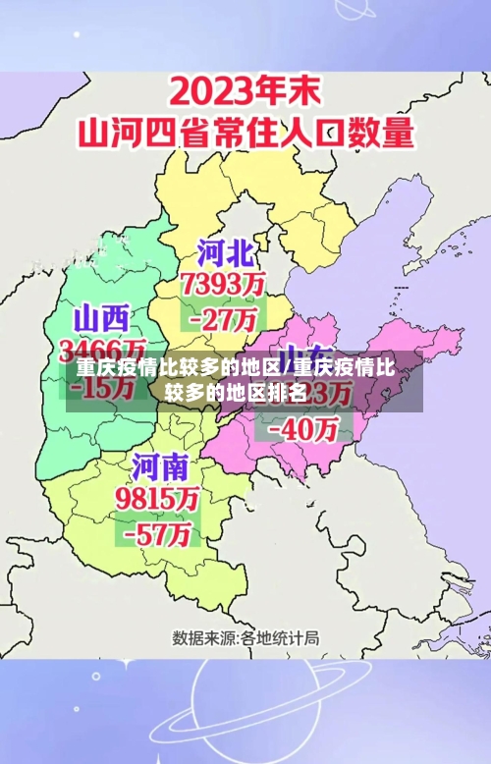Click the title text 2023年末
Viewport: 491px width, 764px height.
pos(245,95)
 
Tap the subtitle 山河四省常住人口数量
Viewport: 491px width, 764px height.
pos(245,133)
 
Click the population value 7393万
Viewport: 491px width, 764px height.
pos(223,285)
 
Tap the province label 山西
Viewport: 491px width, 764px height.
pos(101,318)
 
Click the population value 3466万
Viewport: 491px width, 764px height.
pos(103,350)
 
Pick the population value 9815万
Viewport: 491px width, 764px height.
pos(158,498)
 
